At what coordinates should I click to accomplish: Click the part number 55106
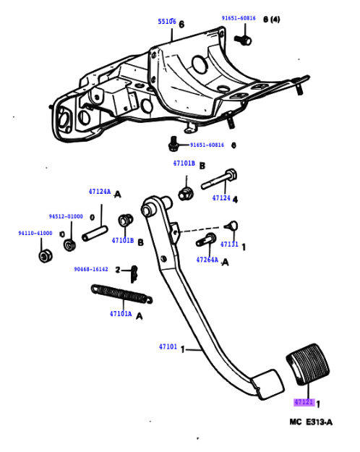(166, 22)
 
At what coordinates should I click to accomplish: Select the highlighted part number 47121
(304, 401)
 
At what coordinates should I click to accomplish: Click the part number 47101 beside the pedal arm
(168, 348)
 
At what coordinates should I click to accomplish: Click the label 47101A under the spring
(121, 315)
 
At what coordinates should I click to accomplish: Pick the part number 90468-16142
(90, 269)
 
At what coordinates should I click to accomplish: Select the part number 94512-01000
(66, 216)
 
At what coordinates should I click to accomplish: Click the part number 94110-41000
(35, 234)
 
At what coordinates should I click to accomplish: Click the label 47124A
(100, 192)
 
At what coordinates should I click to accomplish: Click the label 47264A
(207, 259)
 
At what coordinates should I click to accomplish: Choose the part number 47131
(229, 244)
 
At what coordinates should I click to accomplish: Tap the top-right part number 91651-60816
(239, 19)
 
